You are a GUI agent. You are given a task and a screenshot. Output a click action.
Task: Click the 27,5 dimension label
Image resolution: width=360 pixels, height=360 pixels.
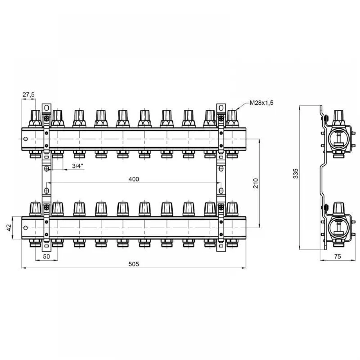pyautogui.click(x=28, y=95)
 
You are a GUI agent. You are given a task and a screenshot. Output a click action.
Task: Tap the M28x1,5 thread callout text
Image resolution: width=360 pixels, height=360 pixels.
pyautogui.click(x=261, y=103)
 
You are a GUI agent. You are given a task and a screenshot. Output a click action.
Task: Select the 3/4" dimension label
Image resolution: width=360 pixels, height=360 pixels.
pyautogui.click(x=78, y=166)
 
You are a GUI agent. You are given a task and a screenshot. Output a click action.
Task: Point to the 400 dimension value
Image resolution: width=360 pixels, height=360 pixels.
pyautogui.click(x=134, y=179)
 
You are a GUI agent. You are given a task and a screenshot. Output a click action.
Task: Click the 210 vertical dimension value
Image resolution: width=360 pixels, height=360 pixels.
pyautogui.click(x=256, y=183)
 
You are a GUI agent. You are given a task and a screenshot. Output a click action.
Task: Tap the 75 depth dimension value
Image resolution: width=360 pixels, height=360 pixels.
pyautogui.click(x=338, y=256)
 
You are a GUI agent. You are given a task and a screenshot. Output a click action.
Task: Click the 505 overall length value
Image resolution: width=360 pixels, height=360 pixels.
pyautogui.click(x=134, y=264)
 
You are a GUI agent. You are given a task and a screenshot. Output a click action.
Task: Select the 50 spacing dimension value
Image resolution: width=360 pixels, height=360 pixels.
pyautogui.click(x=46, y=256)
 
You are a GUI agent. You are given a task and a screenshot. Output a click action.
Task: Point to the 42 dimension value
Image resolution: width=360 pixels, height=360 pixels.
pyautogui.click(x=9, y=228)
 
